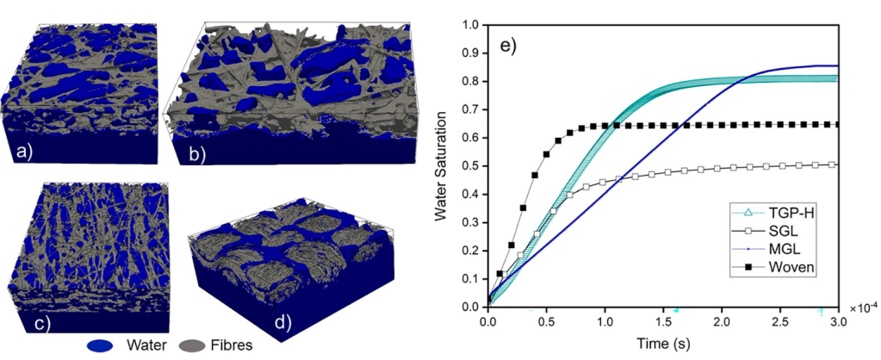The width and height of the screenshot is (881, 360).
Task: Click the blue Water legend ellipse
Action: (101, 346)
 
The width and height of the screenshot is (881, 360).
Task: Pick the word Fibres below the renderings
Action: (232, 346)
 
